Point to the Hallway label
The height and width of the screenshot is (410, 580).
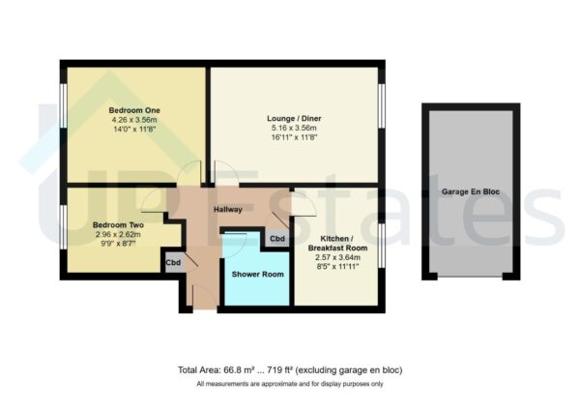point(228,207)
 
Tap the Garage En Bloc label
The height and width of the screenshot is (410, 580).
point(468,192)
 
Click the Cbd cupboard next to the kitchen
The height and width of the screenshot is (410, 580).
point(277,239)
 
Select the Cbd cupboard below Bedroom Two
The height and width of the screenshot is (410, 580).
point(174,262)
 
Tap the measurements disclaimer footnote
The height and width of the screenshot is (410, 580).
point(290,384)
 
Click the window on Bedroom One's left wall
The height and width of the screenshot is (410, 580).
point(64,124)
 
